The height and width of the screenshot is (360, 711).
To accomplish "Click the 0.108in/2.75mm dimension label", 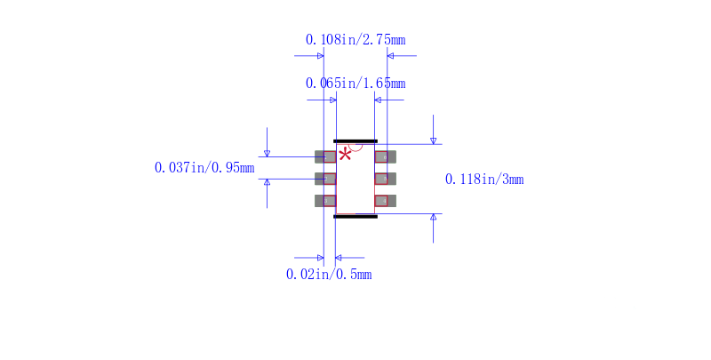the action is tap(355, 40).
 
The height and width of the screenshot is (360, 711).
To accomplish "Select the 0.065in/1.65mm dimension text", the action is tap(355, 84).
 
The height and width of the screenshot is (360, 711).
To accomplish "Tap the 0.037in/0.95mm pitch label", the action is tap(204, 168).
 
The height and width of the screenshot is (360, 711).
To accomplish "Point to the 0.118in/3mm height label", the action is tap(484, 180).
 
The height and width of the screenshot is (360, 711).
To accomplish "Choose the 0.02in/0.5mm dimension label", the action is tap(329, 275).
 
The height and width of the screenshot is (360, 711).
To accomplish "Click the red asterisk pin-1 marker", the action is tap(345, 155).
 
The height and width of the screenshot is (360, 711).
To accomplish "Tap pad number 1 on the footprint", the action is tap(325, 156).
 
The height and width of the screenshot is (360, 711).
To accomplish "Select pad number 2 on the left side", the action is tap(325, 179).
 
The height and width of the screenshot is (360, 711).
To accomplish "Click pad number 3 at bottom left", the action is tap(325, 201).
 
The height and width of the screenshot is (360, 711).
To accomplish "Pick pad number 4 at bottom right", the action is tap(386, 201).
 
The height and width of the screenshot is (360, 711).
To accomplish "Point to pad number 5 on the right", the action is tap(386, 179).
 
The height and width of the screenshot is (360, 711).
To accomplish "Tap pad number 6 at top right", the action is tap(386, 156).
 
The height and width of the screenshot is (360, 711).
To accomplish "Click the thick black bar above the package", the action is tap(355, 141).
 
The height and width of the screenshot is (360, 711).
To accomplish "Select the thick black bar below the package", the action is tap(355, 217).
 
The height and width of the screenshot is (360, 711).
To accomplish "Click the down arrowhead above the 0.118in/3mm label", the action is tap(433, 141).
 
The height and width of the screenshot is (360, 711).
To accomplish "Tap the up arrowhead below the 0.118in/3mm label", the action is tap(433, 217).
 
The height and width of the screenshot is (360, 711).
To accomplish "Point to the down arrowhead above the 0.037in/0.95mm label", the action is tap(268, 154).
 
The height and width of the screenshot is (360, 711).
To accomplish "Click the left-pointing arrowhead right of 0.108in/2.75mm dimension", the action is tap(390, 56).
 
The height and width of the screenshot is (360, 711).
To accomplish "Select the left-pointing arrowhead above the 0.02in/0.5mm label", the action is tap(339, 258).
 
